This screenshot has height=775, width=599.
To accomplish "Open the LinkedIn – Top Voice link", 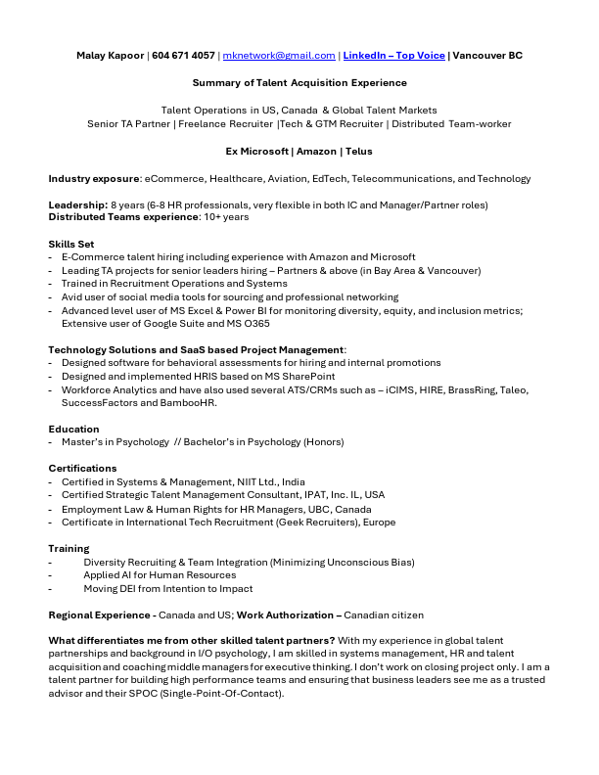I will pos(393,56).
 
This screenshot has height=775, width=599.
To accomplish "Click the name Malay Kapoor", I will pos(110,56).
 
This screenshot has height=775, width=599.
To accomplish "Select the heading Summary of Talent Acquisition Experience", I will pos(299,83).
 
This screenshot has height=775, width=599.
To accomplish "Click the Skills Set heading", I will pos(71,244).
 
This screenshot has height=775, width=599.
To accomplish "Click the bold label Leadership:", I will pos(78,205).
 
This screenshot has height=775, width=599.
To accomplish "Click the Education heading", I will pos(74,429).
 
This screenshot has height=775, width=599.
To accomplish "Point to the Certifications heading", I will pos(82,469).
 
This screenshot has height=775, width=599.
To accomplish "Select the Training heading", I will pos(69,549).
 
